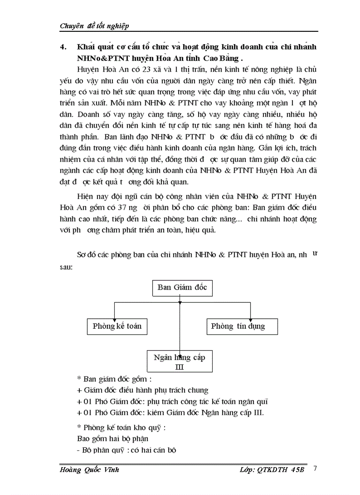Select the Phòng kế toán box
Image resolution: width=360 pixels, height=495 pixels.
pos(117,327)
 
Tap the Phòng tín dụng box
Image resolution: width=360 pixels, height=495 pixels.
pos(238,327)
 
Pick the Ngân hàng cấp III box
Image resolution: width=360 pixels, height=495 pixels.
pos(180,361)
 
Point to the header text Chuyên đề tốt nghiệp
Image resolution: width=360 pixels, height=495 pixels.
pos(94,26)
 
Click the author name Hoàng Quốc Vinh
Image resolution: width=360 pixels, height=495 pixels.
pos(90,470)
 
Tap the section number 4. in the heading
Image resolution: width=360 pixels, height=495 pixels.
pos(63,47)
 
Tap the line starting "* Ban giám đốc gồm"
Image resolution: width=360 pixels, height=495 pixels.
pos(114,379)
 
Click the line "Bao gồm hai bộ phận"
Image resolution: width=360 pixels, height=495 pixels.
pos(112,439)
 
